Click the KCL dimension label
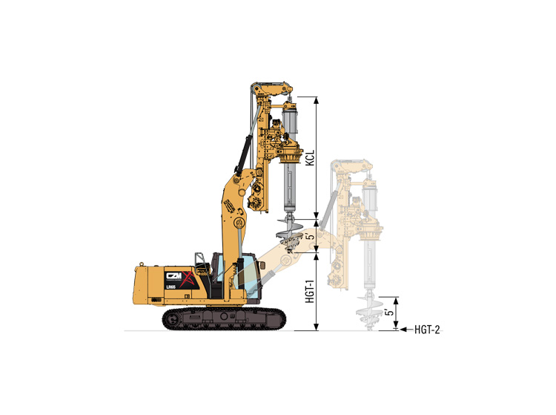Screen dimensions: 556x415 click(x=311, y=157)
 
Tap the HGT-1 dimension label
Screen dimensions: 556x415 click(x=311, y=292)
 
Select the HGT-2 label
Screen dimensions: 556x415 click(x=427, y=330)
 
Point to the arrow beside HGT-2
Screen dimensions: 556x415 click(x=406, y=330)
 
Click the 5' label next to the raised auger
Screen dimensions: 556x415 click(x=311, y=236)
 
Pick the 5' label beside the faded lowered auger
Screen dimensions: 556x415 click(x=390, y=313)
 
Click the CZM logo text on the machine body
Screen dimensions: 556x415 click(x=173, y=276)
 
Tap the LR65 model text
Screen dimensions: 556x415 click(x=171, y=287)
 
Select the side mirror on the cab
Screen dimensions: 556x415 click(x=262, y=266)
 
